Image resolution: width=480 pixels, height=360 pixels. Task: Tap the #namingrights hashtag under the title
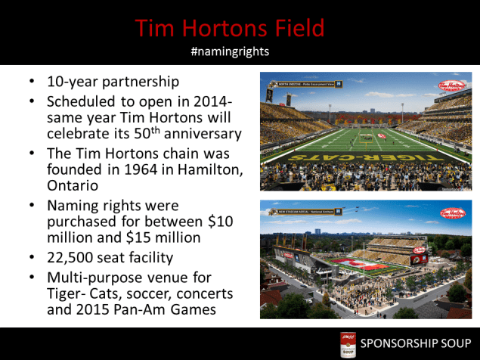click(x=231, y=51)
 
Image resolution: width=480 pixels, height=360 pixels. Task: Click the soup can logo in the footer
click(x=348, y=344)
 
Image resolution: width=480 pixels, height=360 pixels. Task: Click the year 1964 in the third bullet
click(x=138, y=170)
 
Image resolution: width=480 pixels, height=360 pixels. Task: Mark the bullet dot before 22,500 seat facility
click(x=29, y=257)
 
